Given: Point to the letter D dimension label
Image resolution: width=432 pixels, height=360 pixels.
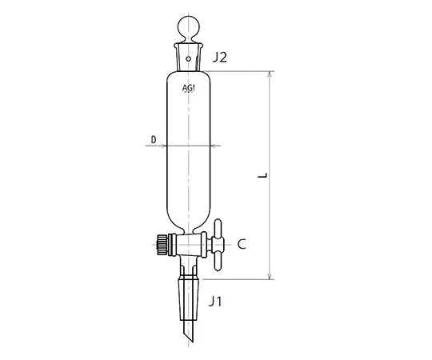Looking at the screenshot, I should [x=153, y=140].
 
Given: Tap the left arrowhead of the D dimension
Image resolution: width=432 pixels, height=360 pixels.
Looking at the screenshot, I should [x=166, y=146].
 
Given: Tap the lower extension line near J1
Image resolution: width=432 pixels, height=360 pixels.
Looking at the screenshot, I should [x=240, y=279].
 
